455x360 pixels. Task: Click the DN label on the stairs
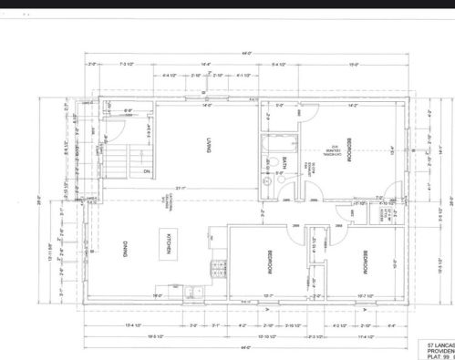[145, 170]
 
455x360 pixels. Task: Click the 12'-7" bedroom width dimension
[268, 296]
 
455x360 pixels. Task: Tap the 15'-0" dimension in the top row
[378, 65]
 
